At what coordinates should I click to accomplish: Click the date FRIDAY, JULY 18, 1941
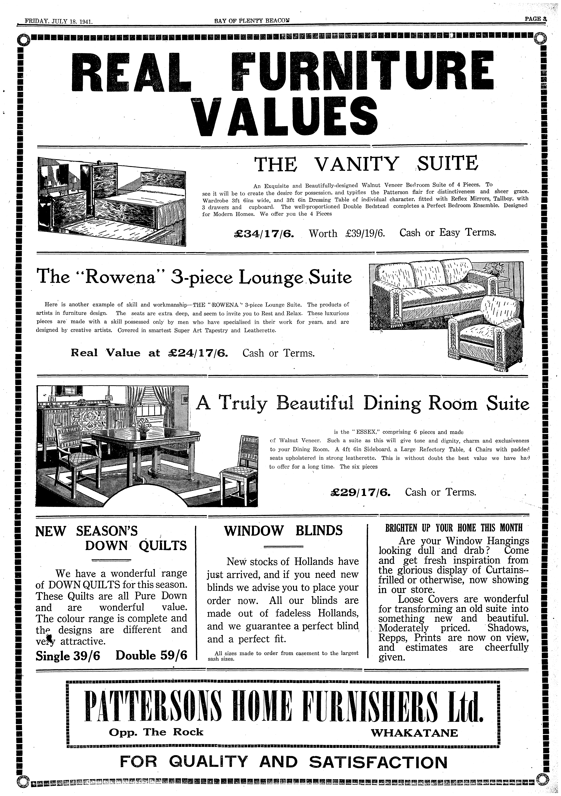58,21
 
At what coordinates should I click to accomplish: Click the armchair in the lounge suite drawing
486,333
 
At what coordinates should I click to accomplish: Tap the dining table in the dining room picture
146,439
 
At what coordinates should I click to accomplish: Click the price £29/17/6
361,492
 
